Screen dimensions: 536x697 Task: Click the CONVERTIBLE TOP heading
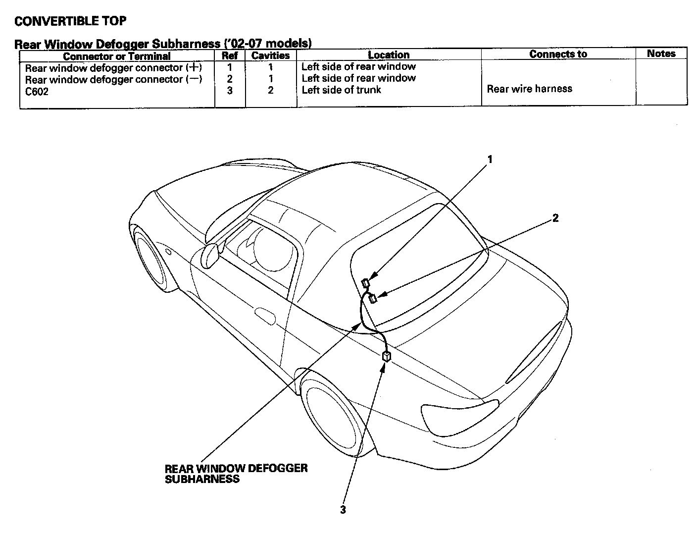[70, 21]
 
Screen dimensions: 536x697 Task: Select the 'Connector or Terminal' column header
[117, 56]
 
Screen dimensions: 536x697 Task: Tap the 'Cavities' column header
[270, 55]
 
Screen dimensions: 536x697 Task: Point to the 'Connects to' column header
[558, 54]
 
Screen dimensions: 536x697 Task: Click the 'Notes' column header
[661, 54]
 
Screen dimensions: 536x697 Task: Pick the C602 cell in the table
[37, 91]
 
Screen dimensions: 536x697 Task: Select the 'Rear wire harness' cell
[529, 89]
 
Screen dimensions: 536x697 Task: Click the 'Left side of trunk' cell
[341, 90]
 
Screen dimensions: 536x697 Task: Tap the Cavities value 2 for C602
[270, 90]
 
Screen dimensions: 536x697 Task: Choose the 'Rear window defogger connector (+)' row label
[113, 67]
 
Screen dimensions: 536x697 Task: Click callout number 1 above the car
[490, 159]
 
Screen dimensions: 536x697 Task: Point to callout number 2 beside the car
[555, 218]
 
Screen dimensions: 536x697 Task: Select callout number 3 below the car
[343, 510]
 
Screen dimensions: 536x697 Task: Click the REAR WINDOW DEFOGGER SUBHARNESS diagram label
[236, 474]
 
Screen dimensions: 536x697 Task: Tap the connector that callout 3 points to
[387, 356]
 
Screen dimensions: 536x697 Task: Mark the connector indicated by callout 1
[366, 283]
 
